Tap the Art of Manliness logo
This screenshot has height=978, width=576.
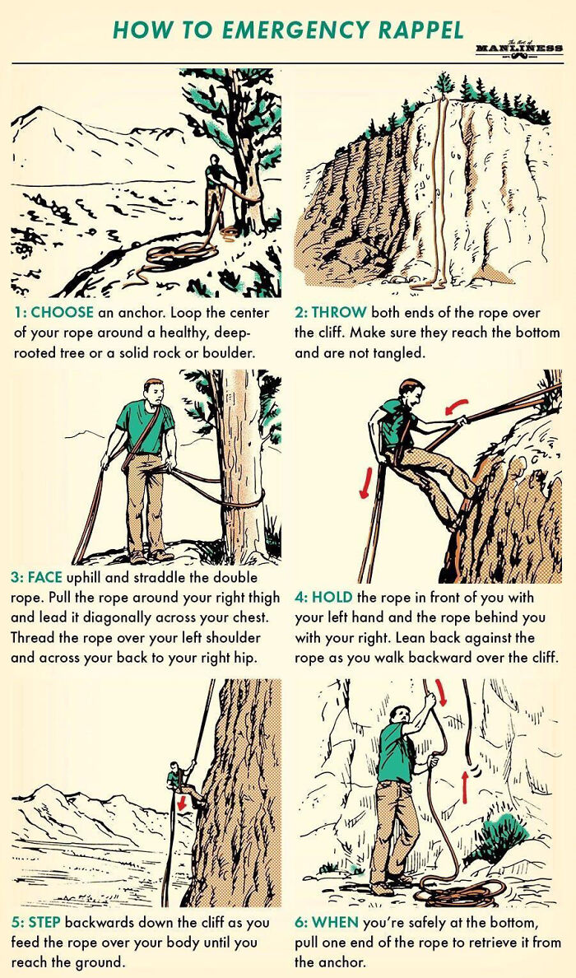coord(518,49)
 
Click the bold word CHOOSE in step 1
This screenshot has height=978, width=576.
coord(63,314)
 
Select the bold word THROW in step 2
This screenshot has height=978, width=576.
coord(338,314)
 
